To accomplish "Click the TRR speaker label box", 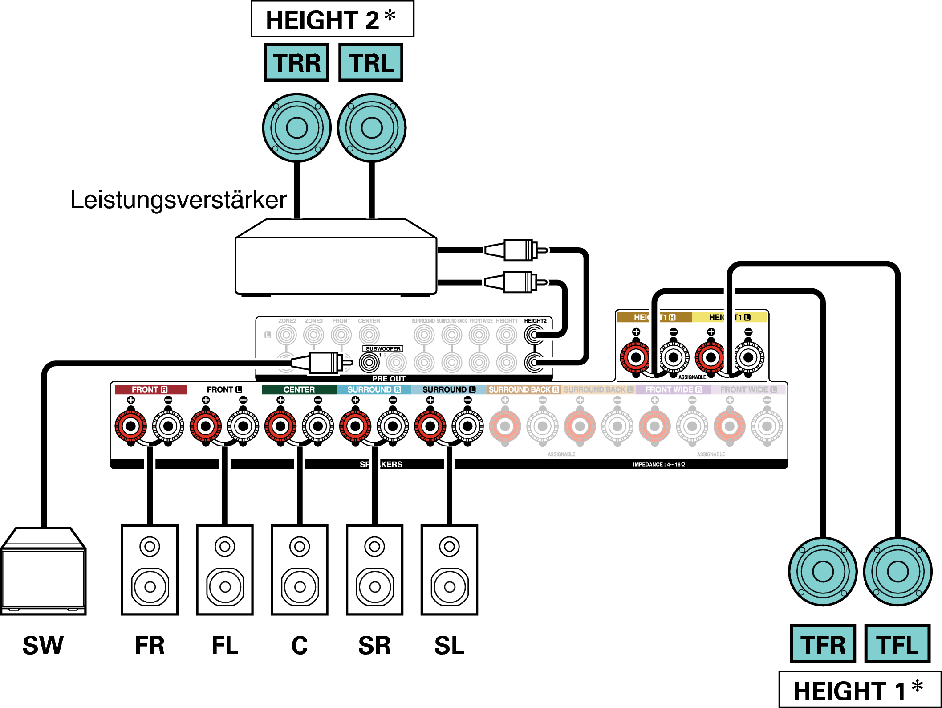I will pyautogui.click(x=296, y=62).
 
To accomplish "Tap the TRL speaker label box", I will pyautogui.click(x=371, y=62).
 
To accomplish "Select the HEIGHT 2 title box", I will pyautogui.click(x=332, y=19).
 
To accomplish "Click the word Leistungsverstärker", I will pyautogui.click(x=179, y=200).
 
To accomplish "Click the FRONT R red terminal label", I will pyautogui.click(x=150, y=389).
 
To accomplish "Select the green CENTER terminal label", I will pyautogui.click(x=299, y=389).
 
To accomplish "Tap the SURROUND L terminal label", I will pyautogui.click(x=449, y=389).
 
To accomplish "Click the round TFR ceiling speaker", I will pyautogui.click(x=823, y=571).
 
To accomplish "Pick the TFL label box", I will pyautogui.click(x=897, y=644).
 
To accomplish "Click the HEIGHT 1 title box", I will pyautogui.click(x=859, y=690).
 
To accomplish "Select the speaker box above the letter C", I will pyautogui.click(x=300, y=570).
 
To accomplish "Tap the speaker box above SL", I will pyautogui.click(x=449, y=570).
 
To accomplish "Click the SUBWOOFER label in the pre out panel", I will pyautogui.click(x=383, y=348).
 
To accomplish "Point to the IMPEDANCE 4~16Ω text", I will pyautogui.click(x=659, y=464).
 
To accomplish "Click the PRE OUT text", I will pyautogui.click(x=389, y=378).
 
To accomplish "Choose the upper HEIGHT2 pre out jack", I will pyautogui.click(x=534, y=335).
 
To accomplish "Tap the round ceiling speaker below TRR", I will pyautogui.click(x=296, y=128).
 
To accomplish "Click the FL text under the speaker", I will pyautogui.click(x=225, y=645).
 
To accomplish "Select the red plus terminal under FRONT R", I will pyautogui.click(x=131, y=426).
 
